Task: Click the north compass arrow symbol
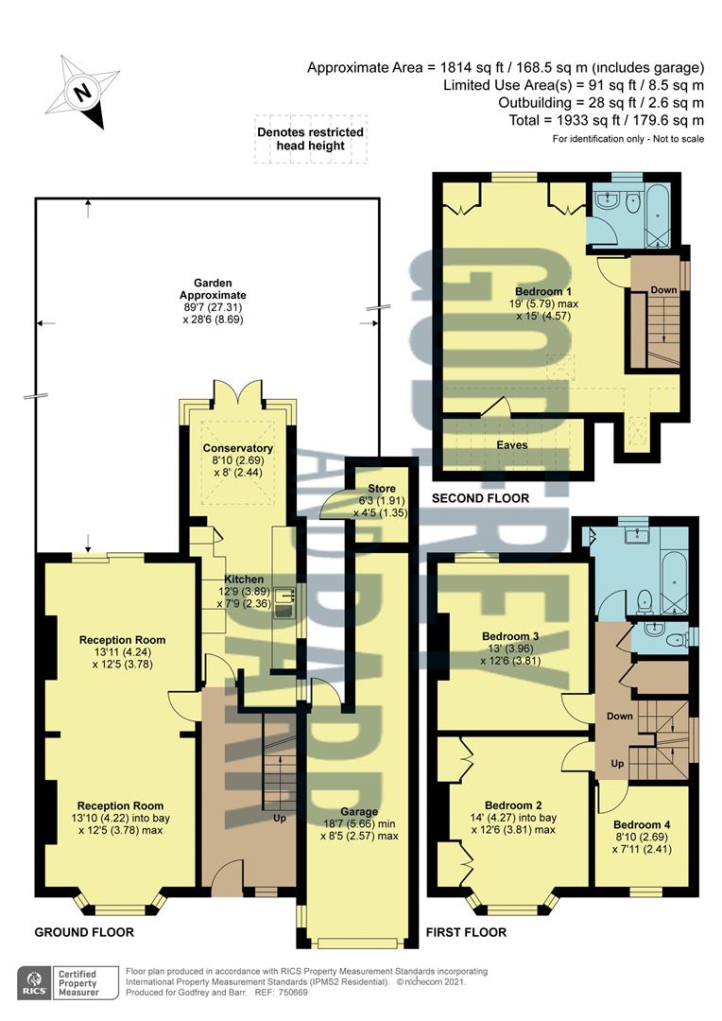click(x=86, y=93)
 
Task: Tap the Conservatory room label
click(x=238, y=448)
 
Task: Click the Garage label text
click(x=359, y=811)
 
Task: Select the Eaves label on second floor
click(x=513, y=443)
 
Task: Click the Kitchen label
click(x=244, y=580)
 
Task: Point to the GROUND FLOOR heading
click(x=84, y=932)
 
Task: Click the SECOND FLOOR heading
click(x=479, y=498)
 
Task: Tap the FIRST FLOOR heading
click(x=466, y=932)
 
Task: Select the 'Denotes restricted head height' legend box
click(x=311, y=139)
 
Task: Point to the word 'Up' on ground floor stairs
click(x=280, y=817)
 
